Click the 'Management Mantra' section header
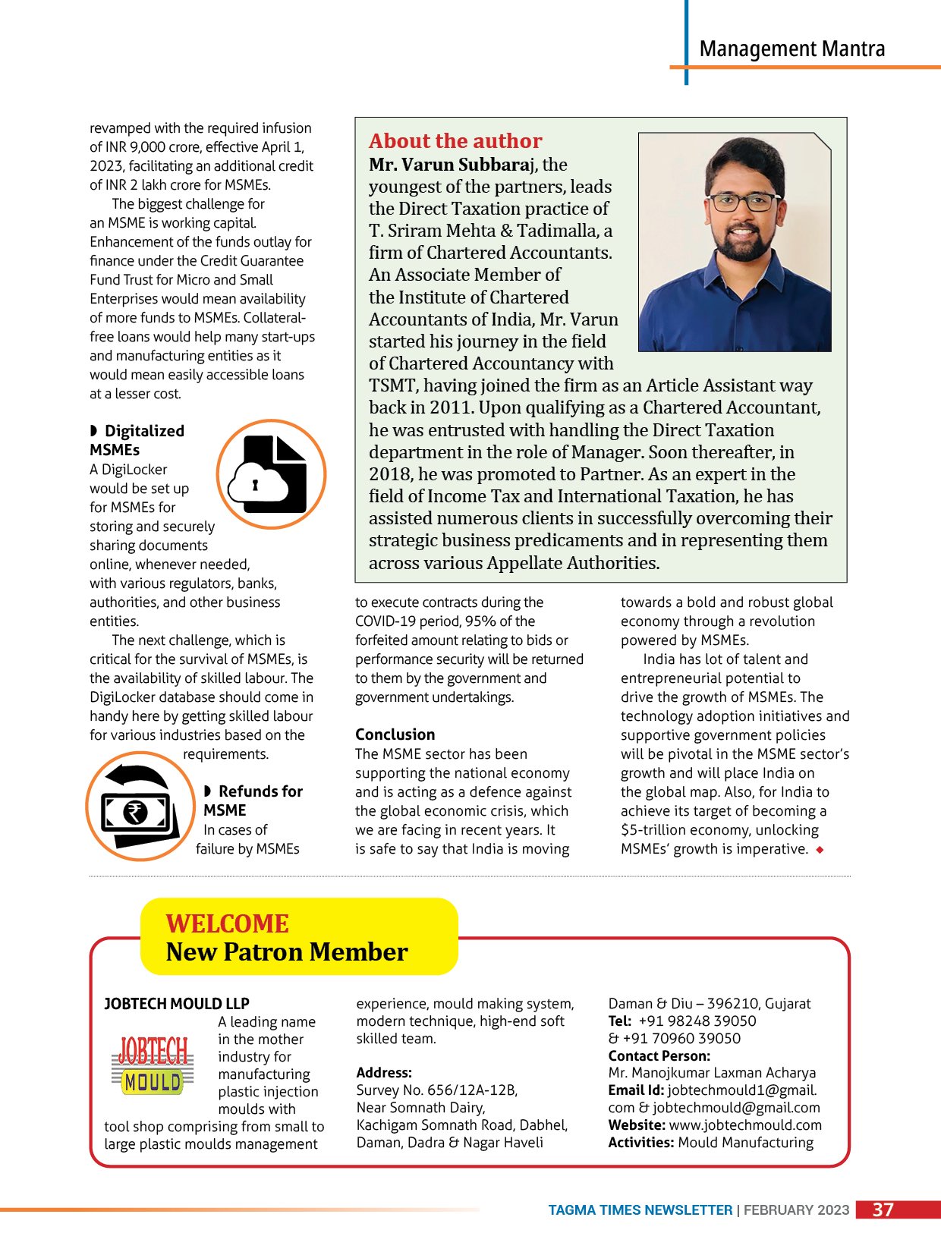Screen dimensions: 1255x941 pyautogui.click(x=792, y=49)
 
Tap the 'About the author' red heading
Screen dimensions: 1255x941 pyautogui.click(x=455, y=141)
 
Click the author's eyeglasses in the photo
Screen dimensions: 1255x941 pyautogui.click(x=742, y=203)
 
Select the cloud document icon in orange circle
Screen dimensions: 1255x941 pyautogui.click(x=271, y=474)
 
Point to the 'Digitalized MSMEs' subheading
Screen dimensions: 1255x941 pyautogui.click(x=137, y=440)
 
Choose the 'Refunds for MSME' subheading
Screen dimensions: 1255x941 pyautogui.click(x=253, y=800)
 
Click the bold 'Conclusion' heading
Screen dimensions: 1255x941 pyautogui.click(x=395, y=734)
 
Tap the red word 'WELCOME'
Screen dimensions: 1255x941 pyautogui.click(x=227, y=923)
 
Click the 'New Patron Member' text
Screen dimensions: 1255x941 pyautogui.click(x=287, y=952)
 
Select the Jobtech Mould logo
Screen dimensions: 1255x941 pyautogui.click(x=153, y=1065)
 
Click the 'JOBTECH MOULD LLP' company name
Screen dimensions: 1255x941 pyautogui.click(x=176, y=1004)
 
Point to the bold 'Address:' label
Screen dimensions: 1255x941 pyautogui.click(x=384, y=1073)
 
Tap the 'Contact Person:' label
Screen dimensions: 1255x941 pyautogui.click(x=659, y=1056)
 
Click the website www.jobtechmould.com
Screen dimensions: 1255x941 pyautogui.click(x=744, y=1125)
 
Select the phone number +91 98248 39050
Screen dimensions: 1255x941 pyautogui.click(x=697, y=1021)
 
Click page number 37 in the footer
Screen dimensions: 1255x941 pyautogui.click(x=883, y=1209)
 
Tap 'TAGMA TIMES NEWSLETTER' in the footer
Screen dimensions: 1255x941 pyautogui.click(x=640, y=1210)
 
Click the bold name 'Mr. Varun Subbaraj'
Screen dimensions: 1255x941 pyautogui.click(x=453, y=165)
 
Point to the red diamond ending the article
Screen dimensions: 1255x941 pyautogui.click(x=820, y=850)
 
